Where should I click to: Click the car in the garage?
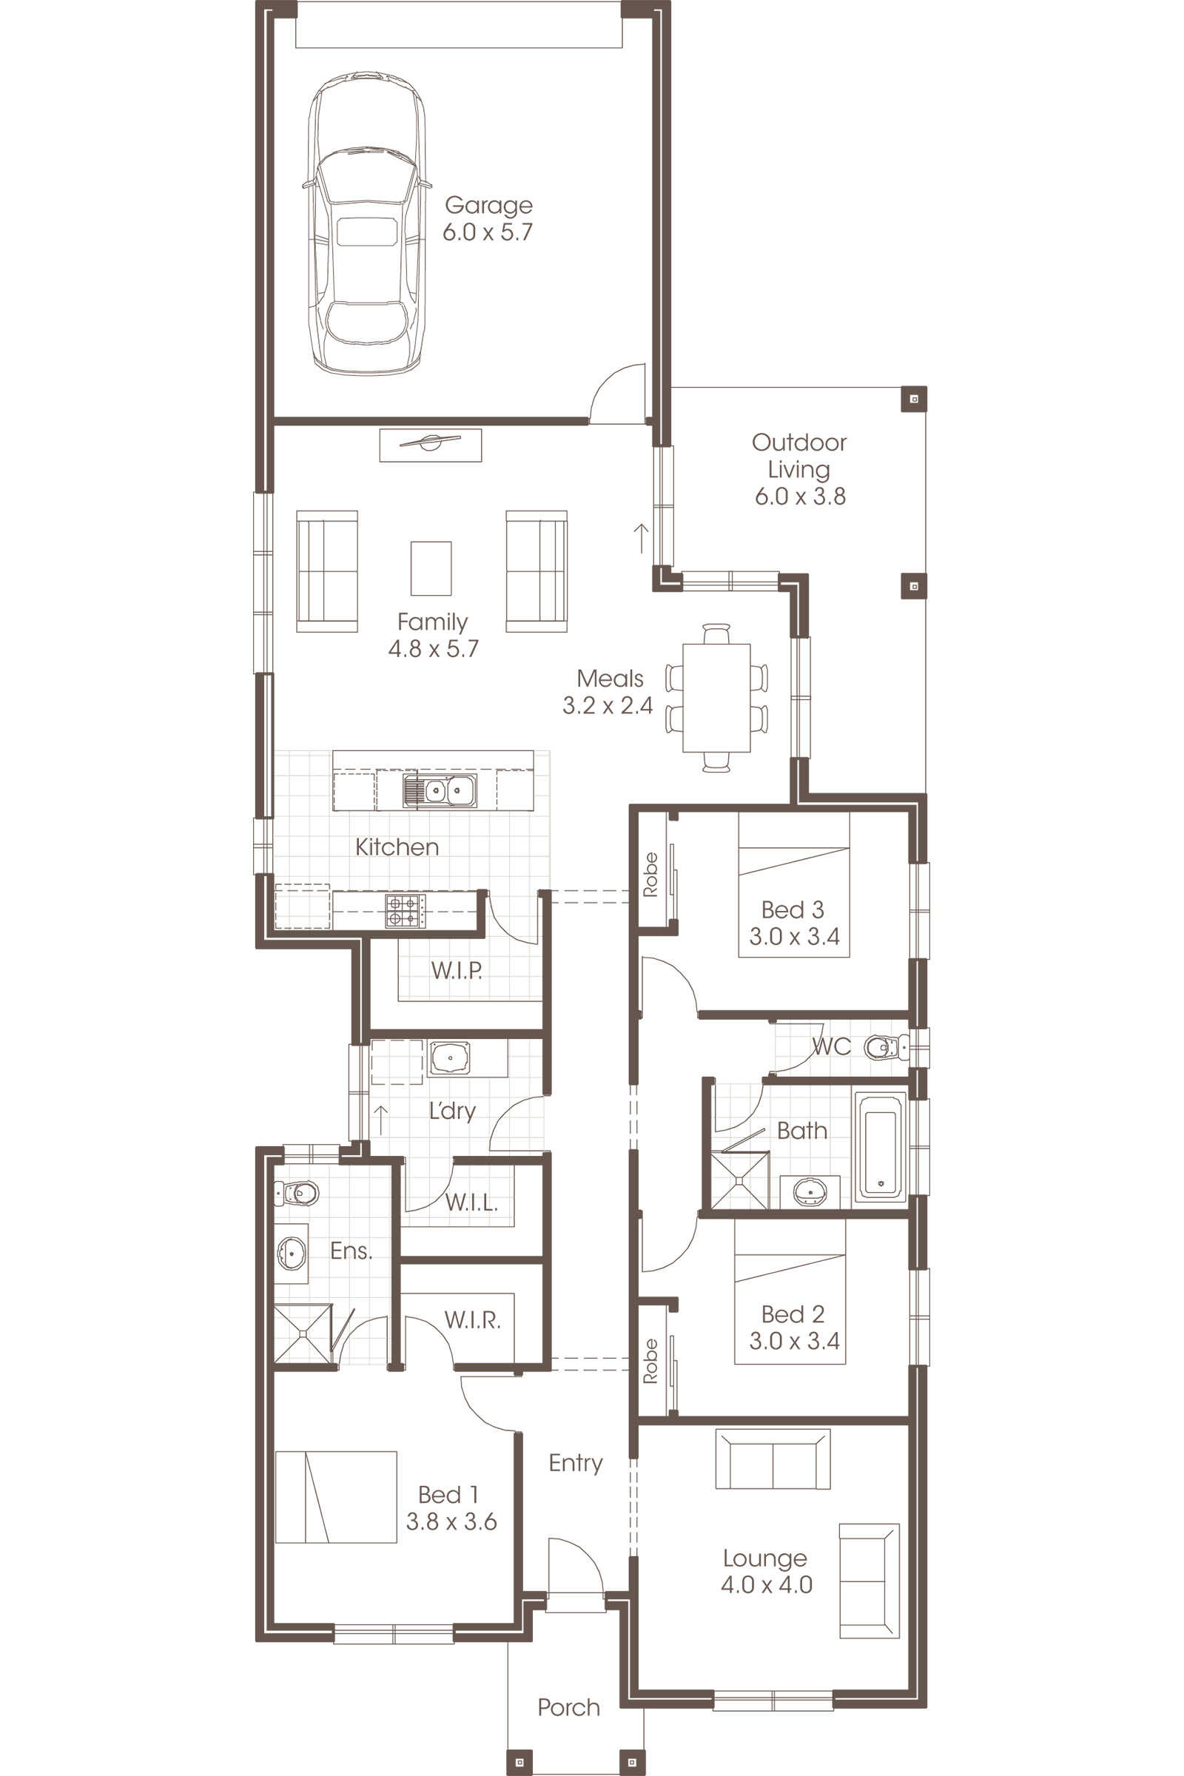366,223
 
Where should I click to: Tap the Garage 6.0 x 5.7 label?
488,218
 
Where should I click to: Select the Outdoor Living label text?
799,455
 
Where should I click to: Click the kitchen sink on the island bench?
440,790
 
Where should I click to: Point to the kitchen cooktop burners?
405,910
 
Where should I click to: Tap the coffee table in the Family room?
431,568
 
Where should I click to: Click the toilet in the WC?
884,1047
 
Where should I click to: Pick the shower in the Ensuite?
302,1333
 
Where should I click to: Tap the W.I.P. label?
456,970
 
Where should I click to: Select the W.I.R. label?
472,1320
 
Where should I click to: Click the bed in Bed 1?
335,1496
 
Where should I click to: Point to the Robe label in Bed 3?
650,874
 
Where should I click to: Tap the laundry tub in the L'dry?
450,1057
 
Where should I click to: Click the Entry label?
576,1463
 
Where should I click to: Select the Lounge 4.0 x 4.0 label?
766,1570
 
